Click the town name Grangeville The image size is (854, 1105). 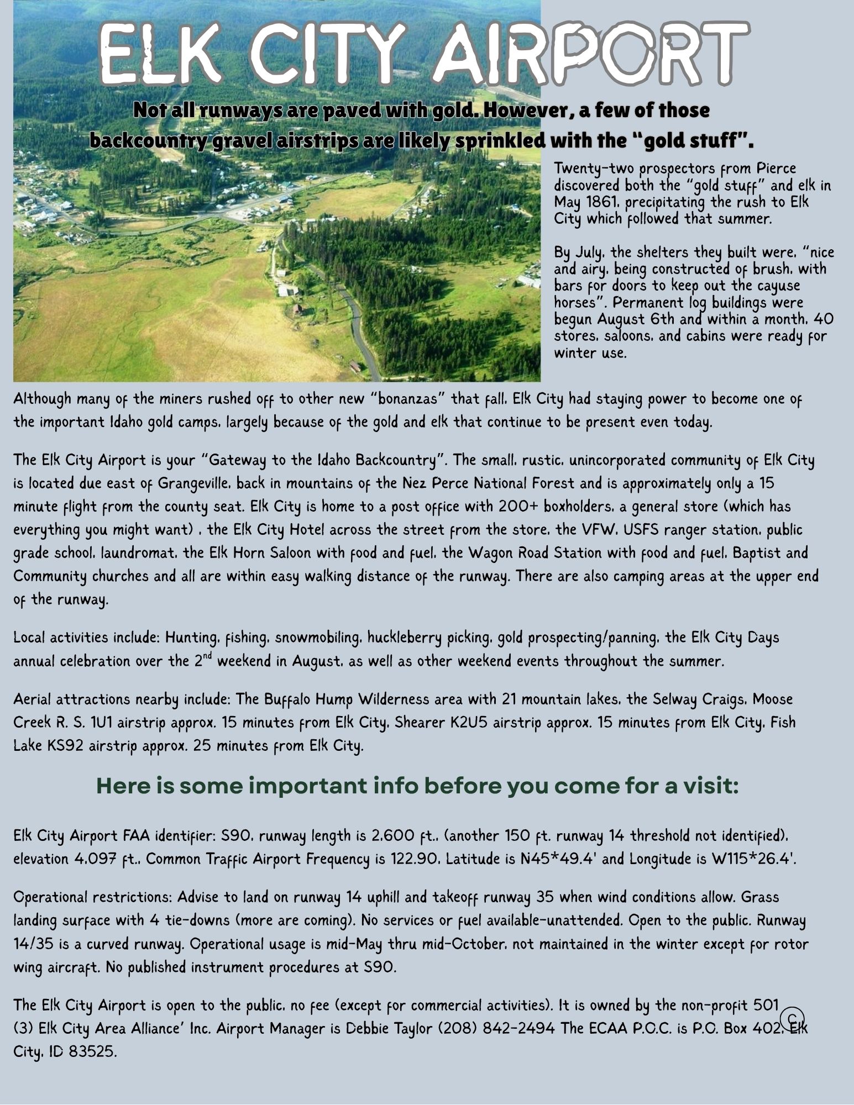point(194,483)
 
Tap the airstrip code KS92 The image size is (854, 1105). point(66,746)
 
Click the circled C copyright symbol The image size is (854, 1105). point(792,1017)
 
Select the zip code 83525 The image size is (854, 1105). point(92,1051)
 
